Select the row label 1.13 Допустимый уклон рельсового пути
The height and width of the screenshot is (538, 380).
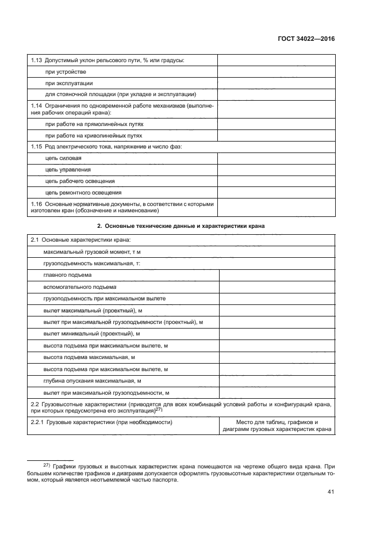click(107, 60)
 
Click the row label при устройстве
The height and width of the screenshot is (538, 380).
click(66, 72)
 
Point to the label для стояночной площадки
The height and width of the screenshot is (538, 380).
click(121, 94)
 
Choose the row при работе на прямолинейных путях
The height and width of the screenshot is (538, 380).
click(94, 124)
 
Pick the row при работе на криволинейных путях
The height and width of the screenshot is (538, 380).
click(94, 135)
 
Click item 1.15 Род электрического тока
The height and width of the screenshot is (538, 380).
click(105, 147)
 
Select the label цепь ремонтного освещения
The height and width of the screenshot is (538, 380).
click(83, 192)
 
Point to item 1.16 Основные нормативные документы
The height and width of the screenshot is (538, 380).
click(121, 207)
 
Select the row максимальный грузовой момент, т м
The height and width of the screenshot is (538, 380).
click(92, 253)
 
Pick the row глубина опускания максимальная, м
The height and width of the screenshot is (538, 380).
click(92, 381)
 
